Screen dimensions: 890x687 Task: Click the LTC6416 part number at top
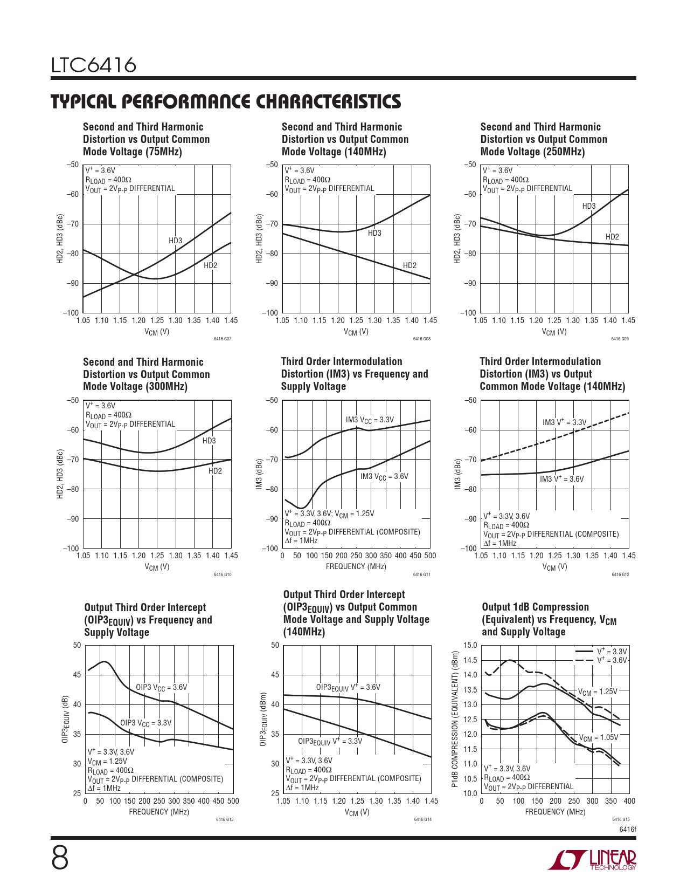[x=93, y=66]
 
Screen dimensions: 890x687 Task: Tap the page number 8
[x=60, y=858]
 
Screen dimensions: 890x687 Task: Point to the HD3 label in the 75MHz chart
[x=175, y=241]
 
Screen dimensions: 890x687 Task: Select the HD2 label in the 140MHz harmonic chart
[x=410, y=265]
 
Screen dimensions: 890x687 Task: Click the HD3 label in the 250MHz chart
[x=589, y=206]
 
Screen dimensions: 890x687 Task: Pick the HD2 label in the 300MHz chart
[x=215, y=471]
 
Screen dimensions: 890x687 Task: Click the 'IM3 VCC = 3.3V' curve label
[x=370, y=420]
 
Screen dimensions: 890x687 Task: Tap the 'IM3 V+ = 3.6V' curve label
[x=561, y=479]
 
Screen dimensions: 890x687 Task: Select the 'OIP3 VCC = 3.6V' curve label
[x=161, y=688]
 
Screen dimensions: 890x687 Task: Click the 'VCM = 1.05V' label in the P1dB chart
[x=598, y=738]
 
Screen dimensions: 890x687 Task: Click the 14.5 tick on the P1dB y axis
[x=470, y=660]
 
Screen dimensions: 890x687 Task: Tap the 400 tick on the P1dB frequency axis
[x=629, y=801]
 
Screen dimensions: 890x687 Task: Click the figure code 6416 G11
[x=421, y=574]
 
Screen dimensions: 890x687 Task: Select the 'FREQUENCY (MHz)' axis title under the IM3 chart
[x=356, y=566]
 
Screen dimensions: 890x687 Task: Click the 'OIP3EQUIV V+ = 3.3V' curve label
[x=330, y=741]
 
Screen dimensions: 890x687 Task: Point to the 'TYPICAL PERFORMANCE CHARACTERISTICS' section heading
[x=226, y=101]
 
